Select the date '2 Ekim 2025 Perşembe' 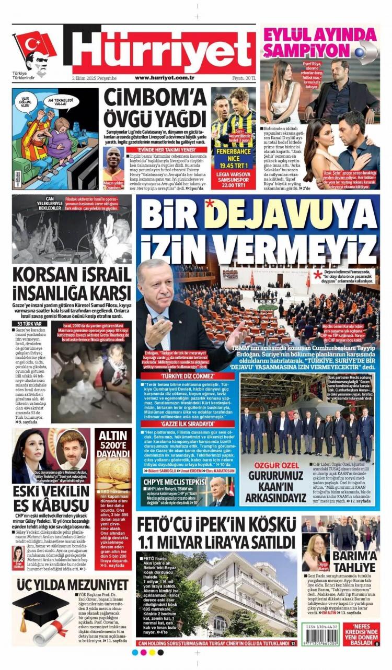[95, 78]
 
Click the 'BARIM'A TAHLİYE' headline [354, 560]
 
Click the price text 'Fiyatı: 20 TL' [244, 78]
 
